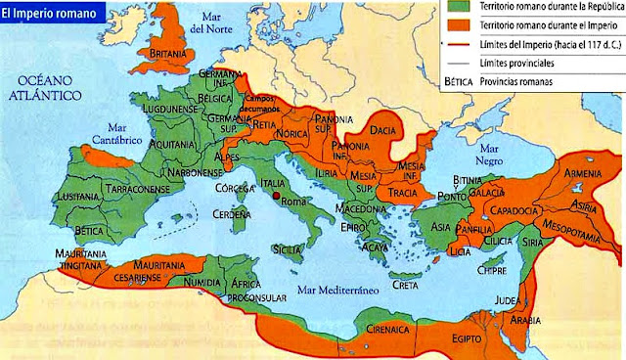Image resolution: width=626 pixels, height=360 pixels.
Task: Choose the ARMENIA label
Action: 580,174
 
